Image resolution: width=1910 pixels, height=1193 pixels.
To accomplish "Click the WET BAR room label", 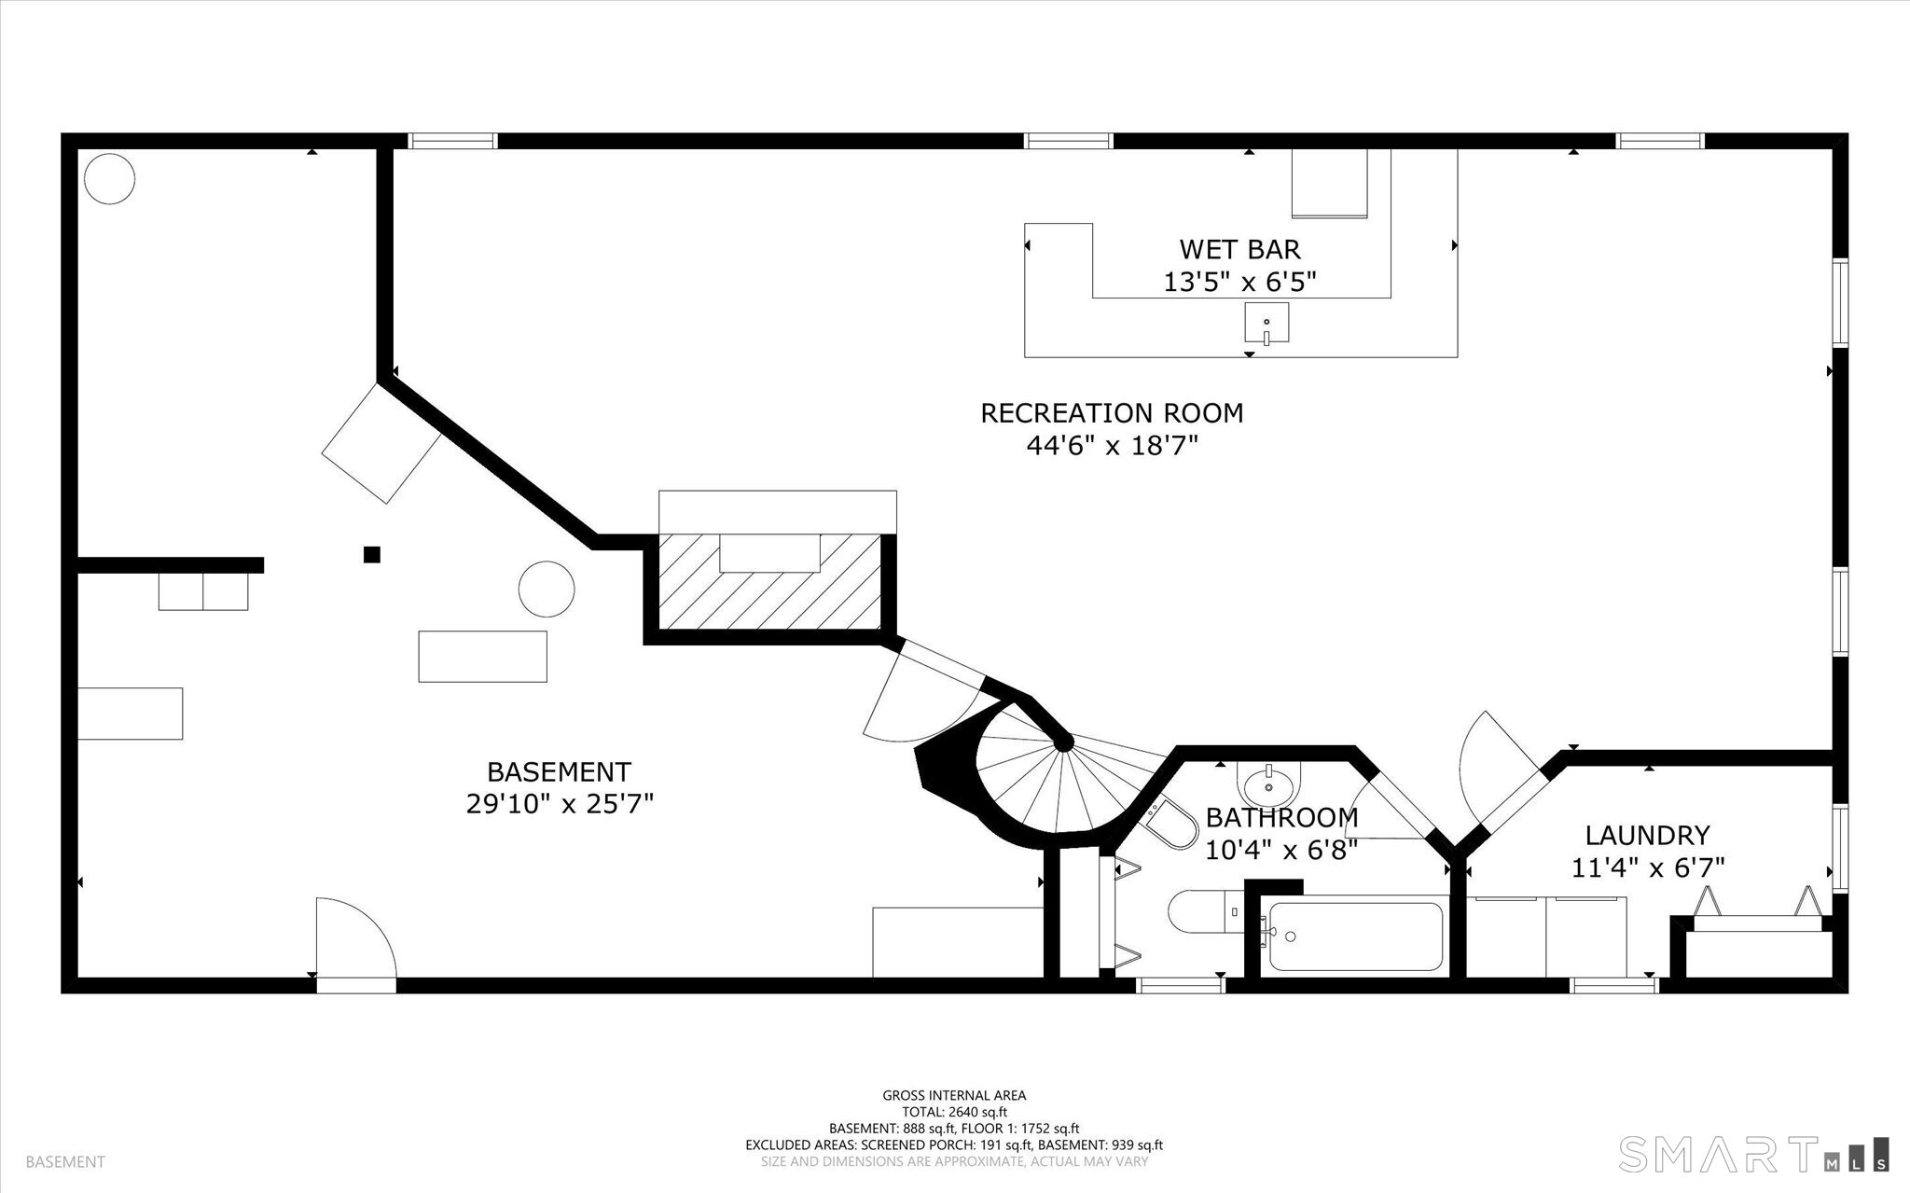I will click(1239, 249).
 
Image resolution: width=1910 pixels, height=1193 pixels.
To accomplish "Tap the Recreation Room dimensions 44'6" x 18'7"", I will click(1112, 446).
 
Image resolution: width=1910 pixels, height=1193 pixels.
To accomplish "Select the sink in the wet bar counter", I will click(1266, 324).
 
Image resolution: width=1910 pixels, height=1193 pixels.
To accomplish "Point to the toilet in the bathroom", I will click(1203, 911).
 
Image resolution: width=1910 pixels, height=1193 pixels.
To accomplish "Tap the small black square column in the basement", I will click(372, 555).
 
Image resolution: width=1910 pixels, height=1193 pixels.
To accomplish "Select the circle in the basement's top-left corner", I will click(109, 177).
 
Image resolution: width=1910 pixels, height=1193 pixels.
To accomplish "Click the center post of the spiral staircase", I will click(1063, 743).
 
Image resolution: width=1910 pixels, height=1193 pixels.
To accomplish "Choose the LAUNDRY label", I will click(1648, 834).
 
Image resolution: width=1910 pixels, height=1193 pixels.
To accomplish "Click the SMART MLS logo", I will click(1753, 1154).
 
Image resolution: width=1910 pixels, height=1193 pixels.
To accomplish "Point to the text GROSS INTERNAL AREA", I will click(954, 1096).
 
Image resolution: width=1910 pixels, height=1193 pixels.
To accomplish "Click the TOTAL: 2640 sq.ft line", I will click(954, 1112).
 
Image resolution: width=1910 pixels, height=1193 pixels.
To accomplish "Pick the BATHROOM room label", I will click(1281, 818).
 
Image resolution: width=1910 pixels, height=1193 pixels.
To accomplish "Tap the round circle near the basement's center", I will click(547, 589).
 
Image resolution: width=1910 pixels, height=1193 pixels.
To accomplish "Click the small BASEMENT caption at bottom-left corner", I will click(65, 1162).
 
